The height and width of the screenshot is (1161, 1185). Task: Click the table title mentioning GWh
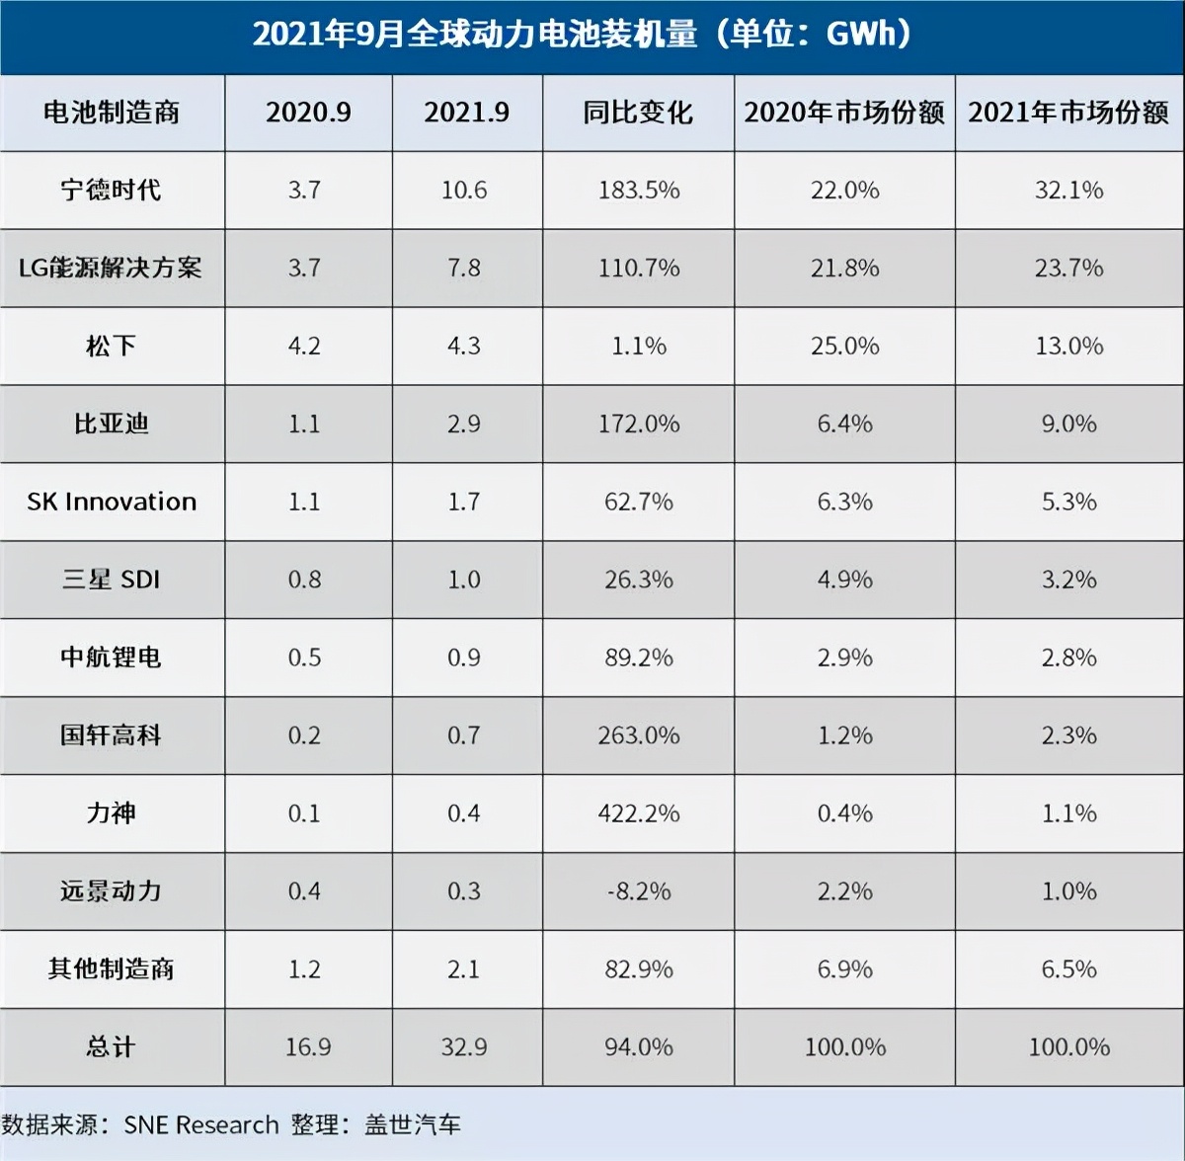[583, 35]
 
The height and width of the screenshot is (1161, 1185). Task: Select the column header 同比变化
[638, 113]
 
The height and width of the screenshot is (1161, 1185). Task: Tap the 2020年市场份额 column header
[844, 113]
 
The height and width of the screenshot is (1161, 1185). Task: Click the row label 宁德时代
[111, 190]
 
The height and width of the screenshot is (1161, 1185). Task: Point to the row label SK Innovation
[112, 502]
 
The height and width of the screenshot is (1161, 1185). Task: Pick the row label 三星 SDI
[111, 580]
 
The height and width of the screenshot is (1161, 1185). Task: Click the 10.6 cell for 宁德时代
[464, 190]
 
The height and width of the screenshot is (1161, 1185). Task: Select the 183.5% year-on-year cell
[639, 190]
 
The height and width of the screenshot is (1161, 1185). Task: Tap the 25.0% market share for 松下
[844, 346]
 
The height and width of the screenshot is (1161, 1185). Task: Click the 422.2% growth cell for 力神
[639, 813]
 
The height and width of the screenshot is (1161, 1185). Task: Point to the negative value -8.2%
[639, 891]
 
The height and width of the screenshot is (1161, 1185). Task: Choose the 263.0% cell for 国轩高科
[639, 735]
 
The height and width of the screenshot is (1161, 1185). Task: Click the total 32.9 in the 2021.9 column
[464, 1046]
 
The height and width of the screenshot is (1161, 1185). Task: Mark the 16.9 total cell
[308, 1046]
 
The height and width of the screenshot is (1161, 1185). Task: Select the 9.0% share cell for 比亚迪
[1069, 424]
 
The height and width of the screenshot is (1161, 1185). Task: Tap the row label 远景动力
[111, 891]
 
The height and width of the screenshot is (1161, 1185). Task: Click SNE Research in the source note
[201, 1124]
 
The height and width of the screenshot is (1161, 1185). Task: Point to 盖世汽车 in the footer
[413, 1124]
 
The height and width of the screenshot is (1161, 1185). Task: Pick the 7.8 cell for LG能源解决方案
[464, 268]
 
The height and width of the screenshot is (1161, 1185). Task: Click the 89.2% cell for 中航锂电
[639, 658]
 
